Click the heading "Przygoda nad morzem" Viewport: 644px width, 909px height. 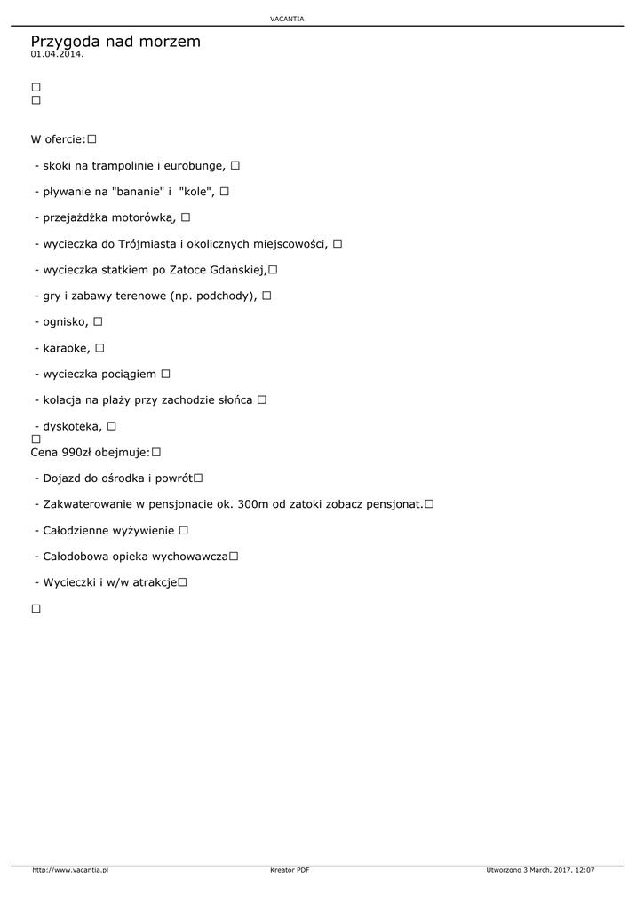[115, 41]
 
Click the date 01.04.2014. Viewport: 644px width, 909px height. [57, 54]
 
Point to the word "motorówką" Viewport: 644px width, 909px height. [146, 217]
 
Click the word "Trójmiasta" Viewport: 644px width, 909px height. [148, 243]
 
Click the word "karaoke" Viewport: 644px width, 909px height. [66, 348]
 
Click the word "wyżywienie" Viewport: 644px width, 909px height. [142, 531]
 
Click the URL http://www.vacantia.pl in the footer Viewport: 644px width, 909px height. [70, 870]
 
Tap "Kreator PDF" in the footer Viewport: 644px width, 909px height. [290, 870]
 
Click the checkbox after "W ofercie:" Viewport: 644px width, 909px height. [91, 139]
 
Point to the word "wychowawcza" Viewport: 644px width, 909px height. [190, 557]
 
